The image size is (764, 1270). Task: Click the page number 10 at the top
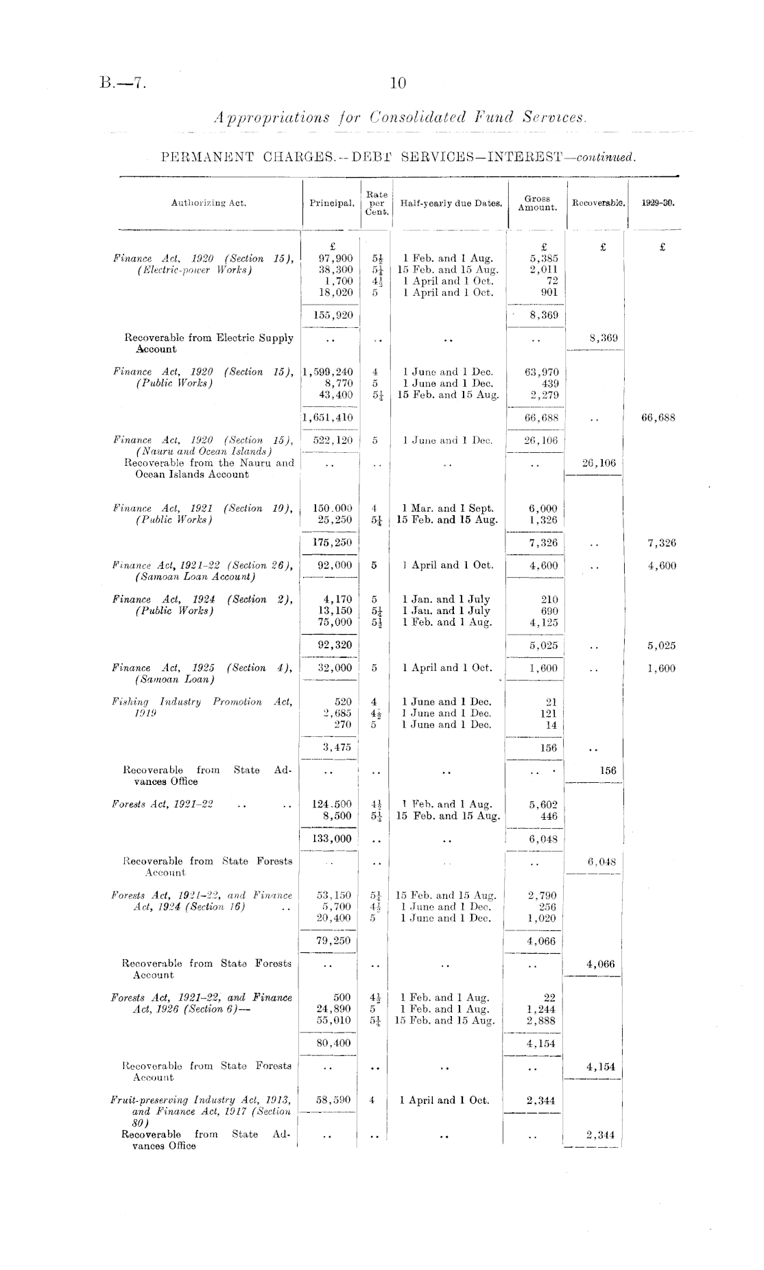[398, 84]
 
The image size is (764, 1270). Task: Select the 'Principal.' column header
[332, 203]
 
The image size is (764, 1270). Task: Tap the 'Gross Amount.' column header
[538, 203]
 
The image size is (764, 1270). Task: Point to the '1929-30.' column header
[658, 203]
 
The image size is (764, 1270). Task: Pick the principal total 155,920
[333, 316]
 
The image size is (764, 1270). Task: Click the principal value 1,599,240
[329, 372]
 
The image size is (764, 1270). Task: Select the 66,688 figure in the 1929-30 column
[658, 417]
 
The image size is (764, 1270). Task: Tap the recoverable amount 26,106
[599, 463]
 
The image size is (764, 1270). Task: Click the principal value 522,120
[333, 440]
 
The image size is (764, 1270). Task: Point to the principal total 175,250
[333, 543]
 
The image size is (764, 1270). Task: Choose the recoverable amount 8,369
[604, 338]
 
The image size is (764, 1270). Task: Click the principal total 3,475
[337, 748]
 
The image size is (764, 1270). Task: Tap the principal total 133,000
[333, 838]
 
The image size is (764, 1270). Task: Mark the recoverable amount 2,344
[600, 1135]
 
